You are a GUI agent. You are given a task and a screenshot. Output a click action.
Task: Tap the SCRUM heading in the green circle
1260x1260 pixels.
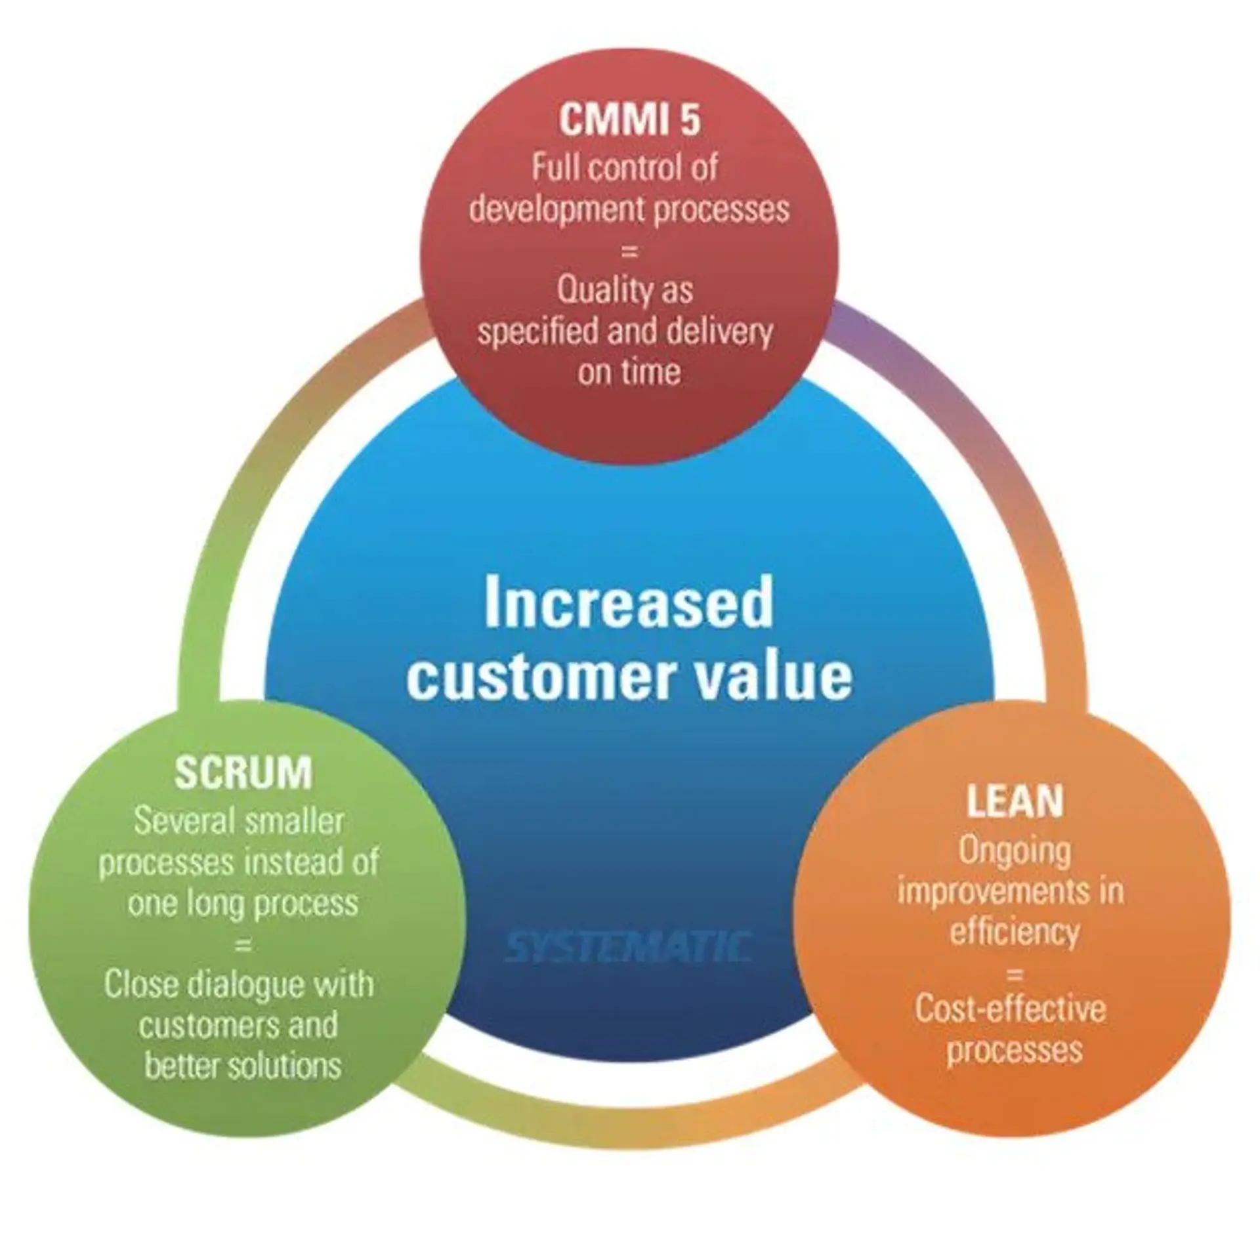click(243, 772)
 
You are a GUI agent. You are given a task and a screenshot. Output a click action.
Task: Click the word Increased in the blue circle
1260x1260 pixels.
click(629, 604)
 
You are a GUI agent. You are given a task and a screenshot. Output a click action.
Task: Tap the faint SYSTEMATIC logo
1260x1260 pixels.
click(628, 947)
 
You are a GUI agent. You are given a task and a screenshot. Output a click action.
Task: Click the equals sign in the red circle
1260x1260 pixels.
click(629, 251)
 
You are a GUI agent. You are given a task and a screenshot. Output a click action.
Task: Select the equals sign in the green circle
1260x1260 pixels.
click(243, 945)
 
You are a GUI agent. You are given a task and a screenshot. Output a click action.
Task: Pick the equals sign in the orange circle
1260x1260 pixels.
click(1015, 974)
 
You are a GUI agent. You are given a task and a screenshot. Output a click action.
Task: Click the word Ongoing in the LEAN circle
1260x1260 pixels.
click(1015, 852)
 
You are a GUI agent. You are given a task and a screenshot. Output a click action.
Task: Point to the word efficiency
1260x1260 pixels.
click(1015, 932)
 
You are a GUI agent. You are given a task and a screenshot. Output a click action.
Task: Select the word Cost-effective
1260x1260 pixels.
click(1011, 1009)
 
